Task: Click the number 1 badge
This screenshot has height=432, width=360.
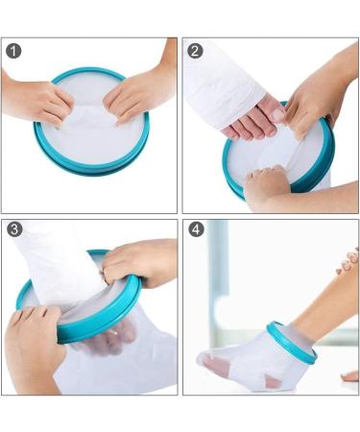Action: click(14, 50)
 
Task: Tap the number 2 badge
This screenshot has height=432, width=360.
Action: click(195, 50)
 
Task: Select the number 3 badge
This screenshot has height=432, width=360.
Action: click(14, 230)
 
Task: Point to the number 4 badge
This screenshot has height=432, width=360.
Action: click(195, 230)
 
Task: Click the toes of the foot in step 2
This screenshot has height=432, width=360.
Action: click(252, 127)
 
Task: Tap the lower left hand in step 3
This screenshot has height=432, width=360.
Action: click(38, 346)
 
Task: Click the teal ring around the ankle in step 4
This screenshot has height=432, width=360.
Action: click(291, 343)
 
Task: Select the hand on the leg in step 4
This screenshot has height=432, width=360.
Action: click(348, 261)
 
